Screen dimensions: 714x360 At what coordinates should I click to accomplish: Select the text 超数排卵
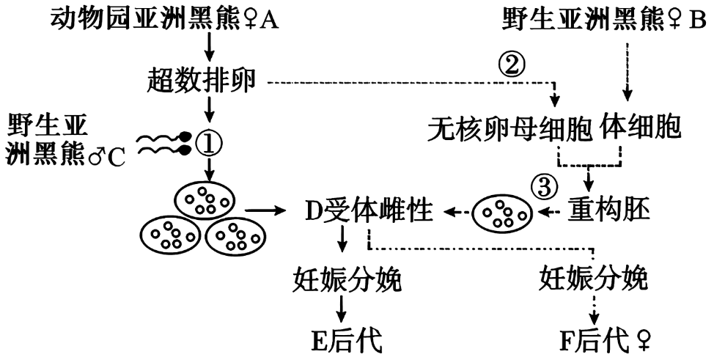pyautogui.click(x=202, y=82)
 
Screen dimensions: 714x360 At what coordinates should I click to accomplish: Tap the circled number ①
pyautogui.click(x=209, y=144)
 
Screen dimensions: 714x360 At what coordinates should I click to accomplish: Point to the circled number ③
pyautogui.click(x=544, y=187)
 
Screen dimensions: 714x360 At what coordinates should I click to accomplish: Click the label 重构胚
pyautogui.click(x=609, y=211)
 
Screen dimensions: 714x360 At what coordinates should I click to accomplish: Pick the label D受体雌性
pyautogui.click(x=369, y=211)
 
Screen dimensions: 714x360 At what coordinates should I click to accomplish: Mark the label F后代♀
pyautogui.click(x=606, y=340)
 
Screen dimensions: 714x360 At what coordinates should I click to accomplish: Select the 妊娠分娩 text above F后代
pyautogui.click(x=593, y=279)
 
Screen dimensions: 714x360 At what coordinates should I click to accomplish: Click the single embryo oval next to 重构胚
pyautogui.click(x=502, y=213)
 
